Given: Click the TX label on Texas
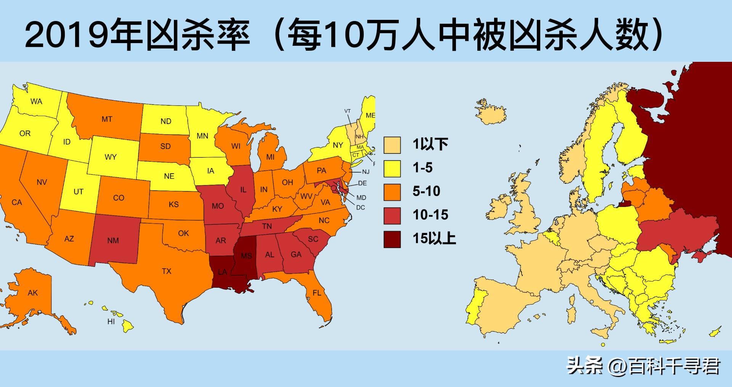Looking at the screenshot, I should click(x=166, y=271).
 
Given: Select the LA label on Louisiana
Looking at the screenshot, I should click(x=222, y=272).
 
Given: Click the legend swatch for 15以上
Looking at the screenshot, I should click(x=392, y=239).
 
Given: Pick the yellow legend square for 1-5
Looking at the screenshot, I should click(x=392, y=168).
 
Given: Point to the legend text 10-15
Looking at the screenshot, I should click(x=430, y=215).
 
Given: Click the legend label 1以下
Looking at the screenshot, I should click(x=430, y=144).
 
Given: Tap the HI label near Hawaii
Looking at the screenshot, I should click(x=111, y=322).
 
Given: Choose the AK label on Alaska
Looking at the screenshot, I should click(x=33, y=293).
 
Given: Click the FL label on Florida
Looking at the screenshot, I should click(x=317, y=293).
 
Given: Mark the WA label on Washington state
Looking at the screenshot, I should click(x=36, y=102).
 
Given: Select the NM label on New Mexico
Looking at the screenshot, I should click(x=113, y=240).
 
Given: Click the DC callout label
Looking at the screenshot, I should click(x=360, y=208).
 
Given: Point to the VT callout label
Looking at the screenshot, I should click(x=347, y=111).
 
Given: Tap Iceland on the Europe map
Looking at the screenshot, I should click(x=492, y=113).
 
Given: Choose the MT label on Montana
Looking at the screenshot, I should click(x=107, y=119).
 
